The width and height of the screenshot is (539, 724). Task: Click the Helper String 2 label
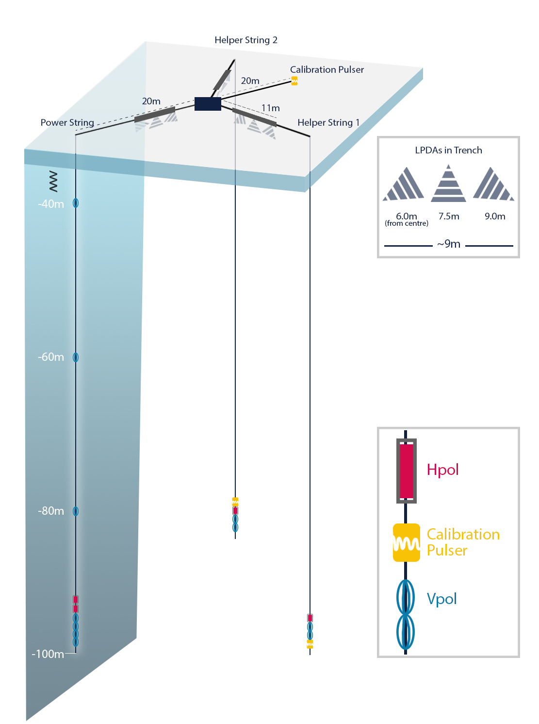pyautogui.click(x=246, y=40)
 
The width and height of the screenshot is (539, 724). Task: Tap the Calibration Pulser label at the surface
pyautogui.click(x=327, y=69)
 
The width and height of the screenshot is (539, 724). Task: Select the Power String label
pyautogui.click(x=67, y=122)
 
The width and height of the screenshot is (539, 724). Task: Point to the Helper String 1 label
pyautogui.click(x=328, y=122)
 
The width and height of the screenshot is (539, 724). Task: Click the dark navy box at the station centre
pyautogui.click(x=208, y=104)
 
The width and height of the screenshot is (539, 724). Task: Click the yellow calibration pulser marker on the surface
pyautogui.click(x=294, y=81)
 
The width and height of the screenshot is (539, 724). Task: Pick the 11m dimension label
pyautogui.click(x=270, y=108)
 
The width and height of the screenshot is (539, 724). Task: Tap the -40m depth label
pyautogui.click(x=51, y=204)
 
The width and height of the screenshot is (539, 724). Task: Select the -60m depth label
pyautogui.click(x=51, y=357)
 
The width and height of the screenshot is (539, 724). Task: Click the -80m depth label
pyautogui.click(x=51, y=511)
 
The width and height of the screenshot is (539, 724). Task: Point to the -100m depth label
pyautogui.click(x=48, y=654)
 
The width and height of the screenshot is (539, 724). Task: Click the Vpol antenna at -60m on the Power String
pyautogui.click(x=76, y=357)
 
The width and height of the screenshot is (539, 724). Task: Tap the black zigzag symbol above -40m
pyautogui.click(x=53, y=181)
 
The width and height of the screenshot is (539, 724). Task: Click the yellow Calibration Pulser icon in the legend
pyautogui.click(x=406, y=543)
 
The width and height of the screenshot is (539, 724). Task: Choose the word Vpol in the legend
pyautogui.click(x=441, y=599)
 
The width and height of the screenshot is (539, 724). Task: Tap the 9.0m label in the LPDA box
pyautogui.click(x=495, y=216)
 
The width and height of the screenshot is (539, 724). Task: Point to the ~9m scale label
pyautogui.click(x=449, y=244)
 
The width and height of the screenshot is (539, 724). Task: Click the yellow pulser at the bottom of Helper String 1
pyautogui.click(x=310, y=644)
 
